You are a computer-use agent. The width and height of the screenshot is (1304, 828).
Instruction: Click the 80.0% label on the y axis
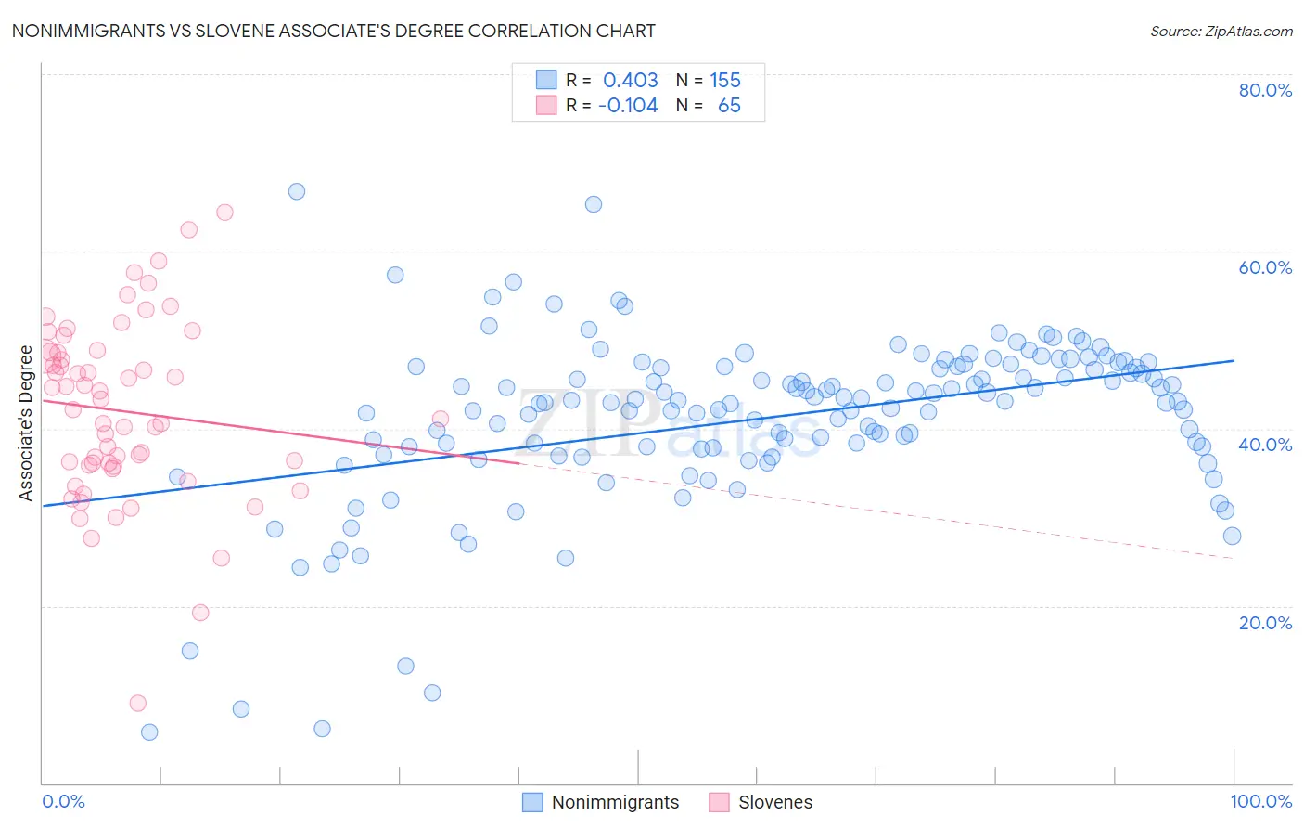[x=1265, y=90]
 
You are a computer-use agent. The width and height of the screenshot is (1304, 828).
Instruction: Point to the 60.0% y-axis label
[x=1265, y=267]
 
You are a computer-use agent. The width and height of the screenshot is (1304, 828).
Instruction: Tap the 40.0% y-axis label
[x=1265, y=445]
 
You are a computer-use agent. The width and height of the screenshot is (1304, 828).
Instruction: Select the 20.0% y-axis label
[x=1265, y=622]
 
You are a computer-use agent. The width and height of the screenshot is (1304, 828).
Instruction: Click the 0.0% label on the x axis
[x=63, y=801]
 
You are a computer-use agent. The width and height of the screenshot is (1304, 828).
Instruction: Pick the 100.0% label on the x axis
[x=1261, y=801]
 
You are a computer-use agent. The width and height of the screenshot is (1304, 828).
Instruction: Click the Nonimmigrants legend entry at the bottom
[x=615, y=802]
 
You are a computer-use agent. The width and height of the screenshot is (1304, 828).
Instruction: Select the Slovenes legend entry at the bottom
[x=774, y=802]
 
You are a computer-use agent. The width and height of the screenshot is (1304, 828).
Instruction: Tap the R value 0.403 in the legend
[x=630, y=80]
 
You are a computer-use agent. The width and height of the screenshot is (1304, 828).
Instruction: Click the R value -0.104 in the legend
[x=628, y=105]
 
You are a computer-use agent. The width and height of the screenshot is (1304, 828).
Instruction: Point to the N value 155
[x=725, y=80]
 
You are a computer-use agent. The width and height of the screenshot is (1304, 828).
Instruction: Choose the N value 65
[x=729, y=105]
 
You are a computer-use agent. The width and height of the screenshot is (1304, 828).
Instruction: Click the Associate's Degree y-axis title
[x=25, y=423]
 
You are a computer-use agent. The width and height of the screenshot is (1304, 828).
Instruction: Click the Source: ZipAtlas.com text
[x=1221, y=31]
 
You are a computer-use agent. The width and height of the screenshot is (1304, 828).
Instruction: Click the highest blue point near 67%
[x=297, y=191]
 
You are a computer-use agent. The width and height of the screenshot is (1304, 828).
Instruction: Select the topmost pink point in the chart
[x=224, y=213]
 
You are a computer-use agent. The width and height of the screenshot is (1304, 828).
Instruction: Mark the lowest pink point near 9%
[x=138, y=703]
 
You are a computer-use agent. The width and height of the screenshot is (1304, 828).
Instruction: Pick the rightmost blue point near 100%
[x=1232, y=536]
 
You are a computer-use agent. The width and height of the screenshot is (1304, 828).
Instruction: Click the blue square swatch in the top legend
[x=546, y=80]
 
